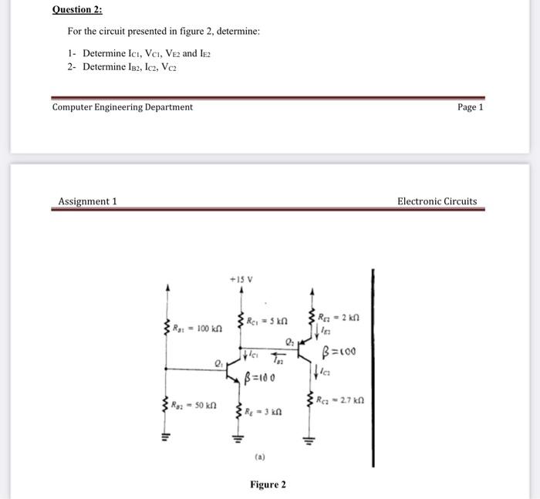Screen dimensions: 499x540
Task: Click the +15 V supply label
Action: pyautogui.click(x=241, y=278)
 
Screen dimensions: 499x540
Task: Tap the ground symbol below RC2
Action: pyautogui.click(x=311, y=440)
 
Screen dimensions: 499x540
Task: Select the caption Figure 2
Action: pyautogui.click(x=267, y=484)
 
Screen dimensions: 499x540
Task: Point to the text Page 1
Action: pyautogui.click(x=470, y=107)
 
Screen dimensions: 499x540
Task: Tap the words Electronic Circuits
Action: pyautogui.click(x=437, y=201)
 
